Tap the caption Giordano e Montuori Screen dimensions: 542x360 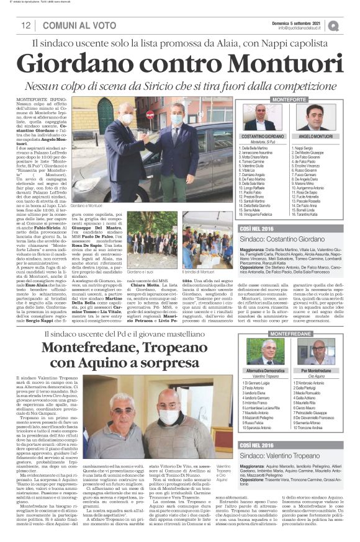[86, 205]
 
